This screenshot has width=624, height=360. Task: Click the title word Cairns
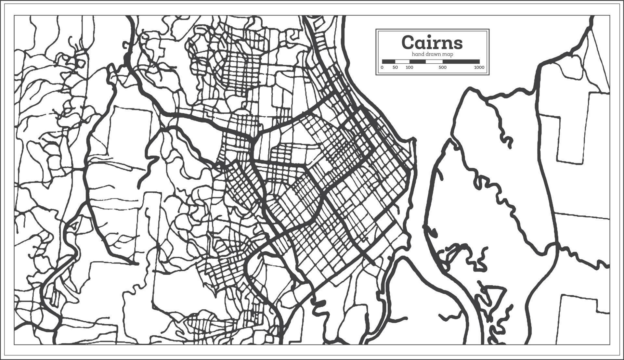pyautogui.click(x=432, y=42)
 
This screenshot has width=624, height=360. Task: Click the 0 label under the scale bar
pyautogui.click(x=382, y=68)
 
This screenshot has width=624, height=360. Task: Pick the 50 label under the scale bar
pyautogui.click(x=395, y=68)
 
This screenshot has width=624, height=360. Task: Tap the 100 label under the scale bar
pyautogui.click(x=409, y=68)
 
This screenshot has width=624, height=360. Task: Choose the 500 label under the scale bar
pyautogui.click(x=442, y=68)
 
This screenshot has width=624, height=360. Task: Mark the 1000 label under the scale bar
pyautogui.click(x=479, y=68)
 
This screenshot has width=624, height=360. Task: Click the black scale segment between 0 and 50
pyautogui.click(x=388, y=61)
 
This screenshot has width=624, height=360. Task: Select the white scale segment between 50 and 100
pyautogui.click(x=402, y=61)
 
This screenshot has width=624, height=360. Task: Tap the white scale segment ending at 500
pyautogui.click(x=434, y=61)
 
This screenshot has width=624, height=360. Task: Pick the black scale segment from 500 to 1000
pyautogui.click(x=461, y=61)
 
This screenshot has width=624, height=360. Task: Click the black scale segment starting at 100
pyautogui.click(x=418, y=61)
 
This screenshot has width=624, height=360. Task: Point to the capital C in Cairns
pyautogui.click(x=408, y=42)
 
